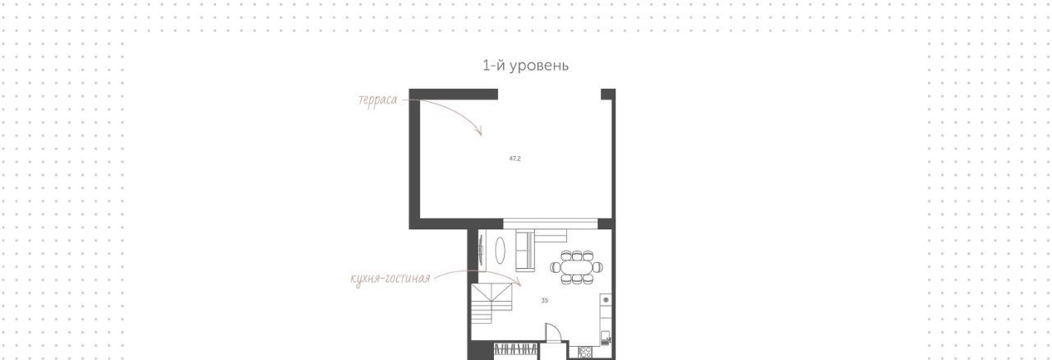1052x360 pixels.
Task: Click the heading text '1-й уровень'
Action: click(x=525, y=65)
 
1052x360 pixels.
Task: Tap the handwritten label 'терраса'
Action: click(x=377, y=100)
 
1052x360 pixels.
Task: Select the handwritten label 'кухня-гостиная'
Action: click(x=390, y=279)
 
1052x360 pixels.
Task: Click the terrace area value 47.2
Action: click(x=514, y=159)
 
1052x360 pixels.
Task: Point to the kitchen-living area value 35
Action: click(x=544, y=300)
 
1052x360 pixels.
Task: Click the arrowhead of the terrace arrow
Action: click(x=479, y=132)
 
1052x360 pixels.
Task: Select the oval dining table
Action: click(x=577, y=267)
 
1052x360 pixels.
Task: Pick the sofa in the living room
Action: click(x=525, y=251)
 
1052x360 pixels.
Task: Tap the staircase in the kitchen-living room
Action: click(x=491, y=303)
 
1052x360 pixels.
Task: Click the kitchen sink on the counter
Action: click(x=606, y=338)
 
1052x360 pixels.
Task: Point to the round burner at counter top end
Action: click(x=606, y=300)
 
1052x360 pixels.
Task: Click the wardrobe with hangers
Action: click(x=516, y=349)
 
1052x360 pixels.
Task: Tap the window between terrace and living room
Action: click(x=551, y=224)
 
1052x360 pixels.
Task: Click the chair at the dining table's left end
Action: click(x=555, y=267)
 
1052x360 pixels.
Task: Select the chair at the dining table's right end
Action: click(x=598, y=267)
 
